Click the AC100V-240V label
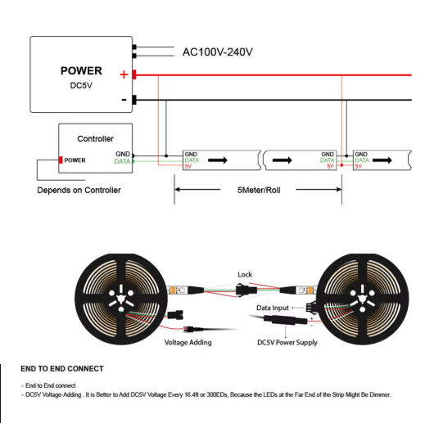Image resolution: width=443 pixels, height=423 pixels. (x=218, y=52)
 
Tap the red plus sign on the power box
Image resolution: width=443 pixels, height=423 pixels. (x=124, y=74)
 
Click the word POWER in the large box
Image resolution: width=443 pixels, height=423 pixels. (x=81, y=70)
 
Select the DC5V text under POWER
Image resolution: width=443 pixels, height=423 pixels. (x=81, y=86)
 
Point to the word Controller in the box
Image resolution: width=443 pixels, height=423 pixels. (x=96, y=138)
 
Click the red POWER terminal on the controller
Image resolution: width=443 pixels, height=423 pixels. (x=61, y=160)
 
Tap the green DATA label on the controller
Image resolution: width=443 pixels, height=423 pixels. (x=122, y=161)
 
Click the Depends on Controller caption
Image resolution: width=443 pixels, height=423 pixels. (x=79, y=190)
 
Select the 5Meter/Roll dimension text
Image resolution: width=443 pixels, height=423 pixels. (x=259, y=190)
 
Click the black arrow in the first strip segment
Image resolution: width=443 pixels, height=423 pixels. (x=218, y=160)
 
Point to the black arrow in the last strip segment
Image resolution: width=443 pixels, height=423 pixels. (x=382, y=160)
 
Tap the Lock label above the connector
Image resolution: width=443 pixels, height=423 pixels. (x=245, y=274)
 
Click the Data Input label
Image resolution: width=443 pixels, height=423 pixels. (x=273, y=308)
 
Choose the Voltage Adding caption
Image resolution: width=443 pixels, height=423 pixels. (x=188, y=342)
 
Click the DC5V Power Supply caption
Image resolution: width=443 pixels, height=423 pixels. (x=287, y=342)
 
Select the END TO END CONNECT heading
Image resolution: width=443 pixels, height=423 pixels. (x=62, y=368)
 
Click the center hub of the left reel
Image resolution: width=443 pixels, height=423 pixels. (x=121, y=298)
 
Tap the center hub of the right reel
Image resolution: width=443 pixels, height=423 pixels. (x=362, y=299)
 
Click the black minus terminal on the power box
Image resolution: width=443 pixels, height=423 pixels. (x=134, y=100)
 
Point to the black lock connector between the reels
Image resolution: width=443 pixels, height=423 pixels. (x=246, y=290)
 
